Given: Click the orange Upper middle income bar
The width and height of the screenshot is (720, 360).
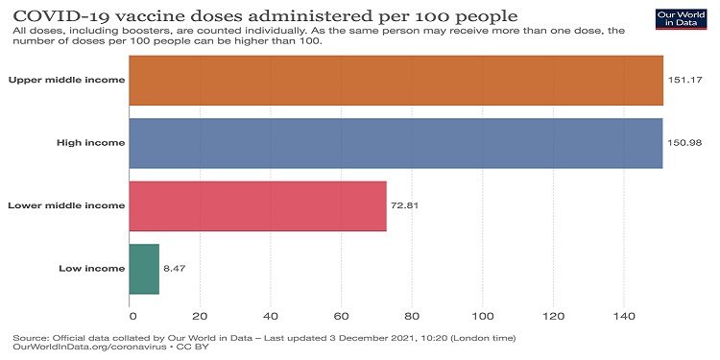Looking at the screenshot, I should coord(396,80).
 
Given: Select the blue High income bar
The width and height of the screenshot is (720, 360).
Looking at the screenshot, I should coord(396,143).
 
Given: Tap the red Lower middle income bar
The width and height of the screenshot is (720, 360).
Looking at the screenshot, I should coord(258,205).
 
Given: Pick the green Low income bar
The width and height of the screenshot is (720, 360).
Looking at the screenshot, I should coord(145,268).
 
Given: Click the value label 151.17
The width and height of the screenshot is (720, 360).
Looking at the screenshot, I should coord(685,80).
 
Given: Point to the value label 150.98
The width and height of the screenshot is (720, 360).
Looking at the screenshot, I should coord(685,143).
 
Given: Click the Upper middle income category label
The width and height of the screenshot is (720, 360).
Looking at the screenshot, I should coord(65,80).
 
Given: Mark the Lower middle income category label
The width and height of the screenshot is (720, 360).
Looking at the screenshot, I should coord(65,205).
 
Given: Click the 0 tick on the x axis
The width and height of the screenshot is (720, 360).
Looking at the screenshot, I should coord(131,314).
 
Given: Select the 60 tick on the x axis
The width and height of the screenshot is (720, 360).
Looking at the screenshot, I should coord(342,314).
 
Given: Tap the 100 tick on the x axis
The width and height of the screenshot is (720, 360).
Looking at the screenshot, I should coord(483,314).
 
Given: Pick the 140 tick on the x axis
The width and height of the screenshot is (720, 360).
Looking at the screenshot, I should coord(624,314).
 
